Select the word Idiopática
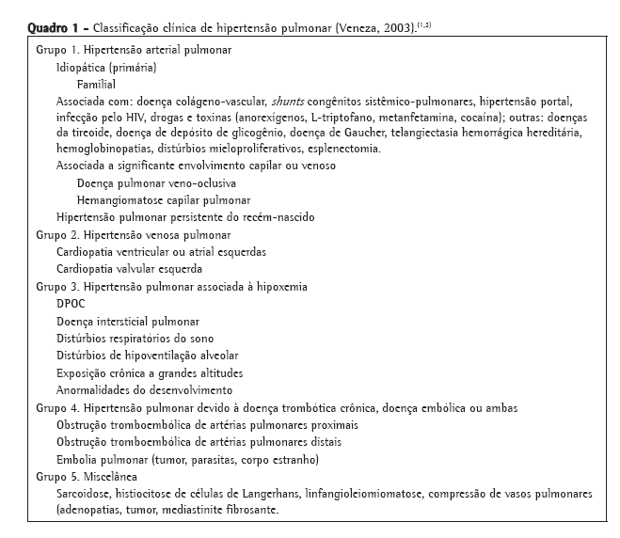pyautogui.click(x=82, y=68)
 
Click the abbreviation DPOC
pyautogui.click(x=72, y=304)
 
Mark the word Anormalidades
pyautogui.click(x=93, y=389)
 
